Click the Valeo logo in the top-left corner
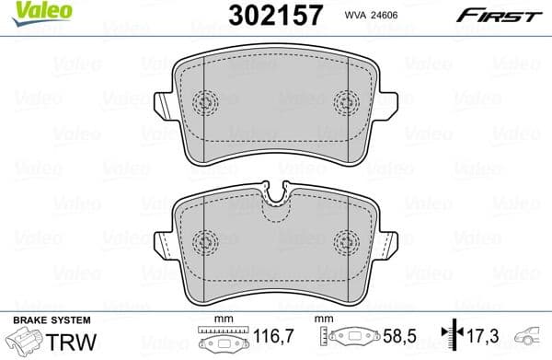[x=27, y=10]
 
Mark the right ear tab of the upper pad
[x=387, y=104]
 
